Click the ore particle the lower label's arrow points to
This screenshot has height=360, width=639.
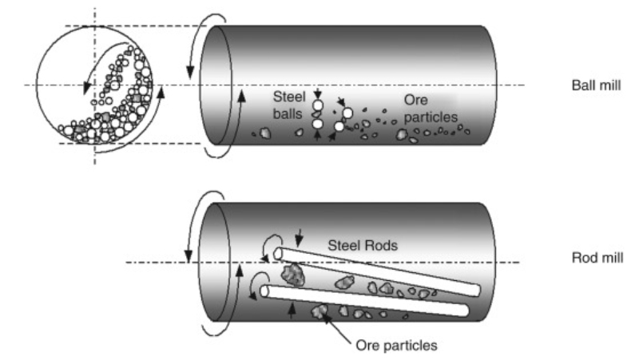(x=322, y=311)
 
